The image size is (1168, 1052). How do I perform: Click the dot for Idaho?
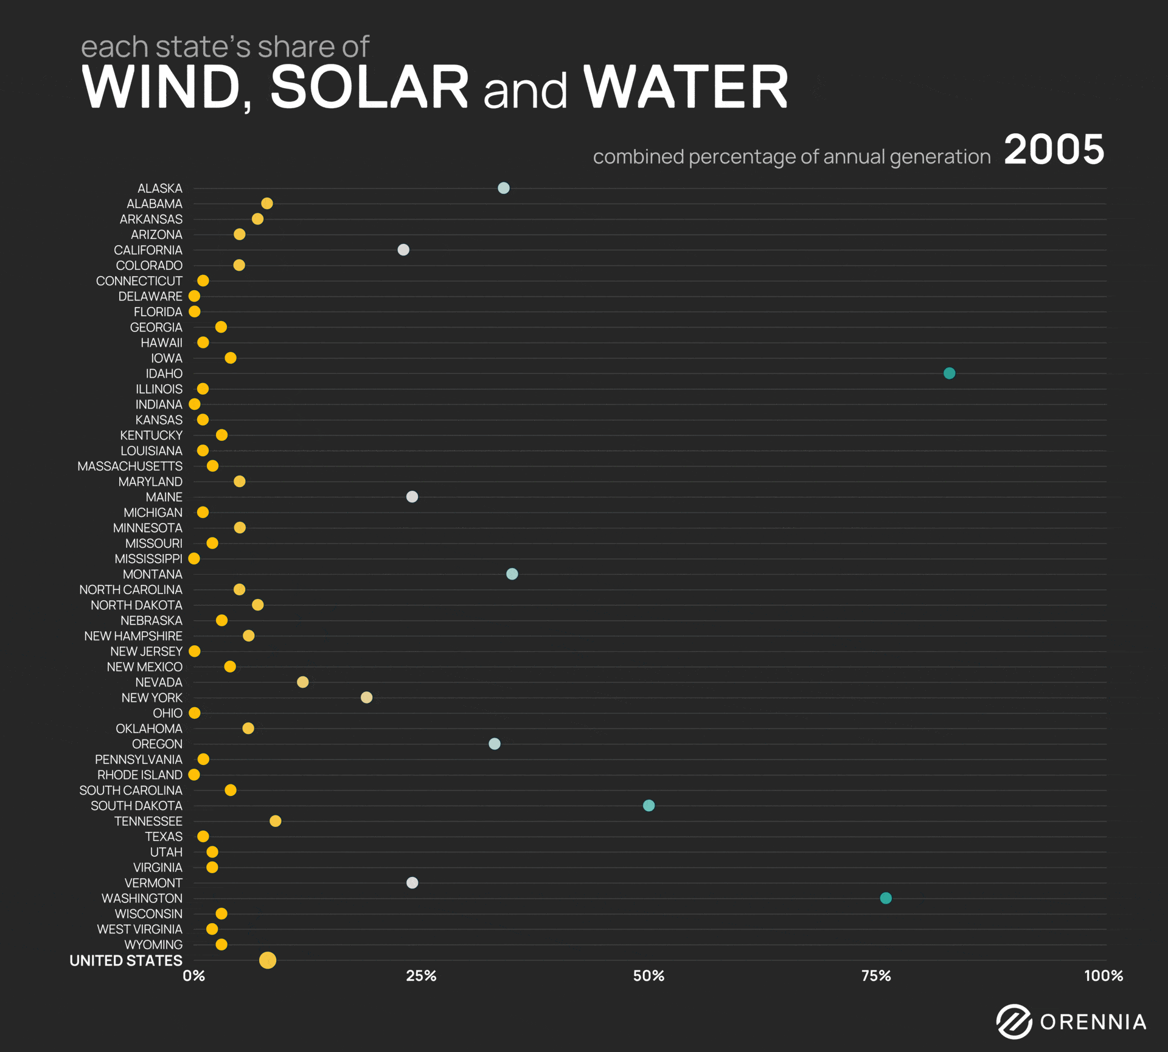[949, 373]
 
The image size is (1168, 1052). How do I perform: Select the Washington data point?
[886, 898]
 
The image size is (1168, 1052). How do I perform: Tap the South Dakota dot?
[648, 806]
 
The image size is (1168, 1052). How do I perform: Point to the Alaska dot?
[504, 188]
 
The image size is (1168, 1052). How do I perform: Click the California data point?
[403, 250]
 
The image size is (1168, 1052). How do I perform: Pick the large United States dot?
[268, 960]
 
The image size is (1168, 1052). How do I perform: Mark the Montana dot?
[512, 574]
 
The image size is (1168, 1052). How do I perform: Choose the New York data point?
[366, 697]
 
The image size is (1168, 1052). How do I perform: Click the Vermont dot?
[412, 883]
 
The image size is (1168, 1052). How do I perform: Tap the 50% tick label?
[648, 976]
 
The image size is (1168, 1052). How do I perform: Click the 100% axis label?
[1103, 976]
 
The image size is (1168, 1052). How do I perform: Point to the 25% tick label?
[421, 976]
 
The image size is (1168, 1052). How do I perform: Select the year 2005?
[1054, 150]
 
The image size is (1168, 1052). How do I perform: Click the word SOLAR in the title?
[369, 88]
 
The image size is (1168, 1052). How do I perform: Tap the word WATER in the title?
[686, 88]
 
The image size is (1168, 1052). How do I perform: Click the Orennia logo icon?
[1014, 1022]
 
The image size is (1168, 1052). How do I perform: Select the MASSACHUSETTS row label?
[130, 466]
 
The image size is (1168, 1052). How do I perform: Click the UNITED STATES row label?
[126, 961]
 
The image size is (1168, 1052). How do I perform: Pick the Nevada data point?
[302, 682]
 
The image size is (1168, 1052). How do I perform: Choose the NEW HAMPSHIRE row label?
[133, 636]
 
